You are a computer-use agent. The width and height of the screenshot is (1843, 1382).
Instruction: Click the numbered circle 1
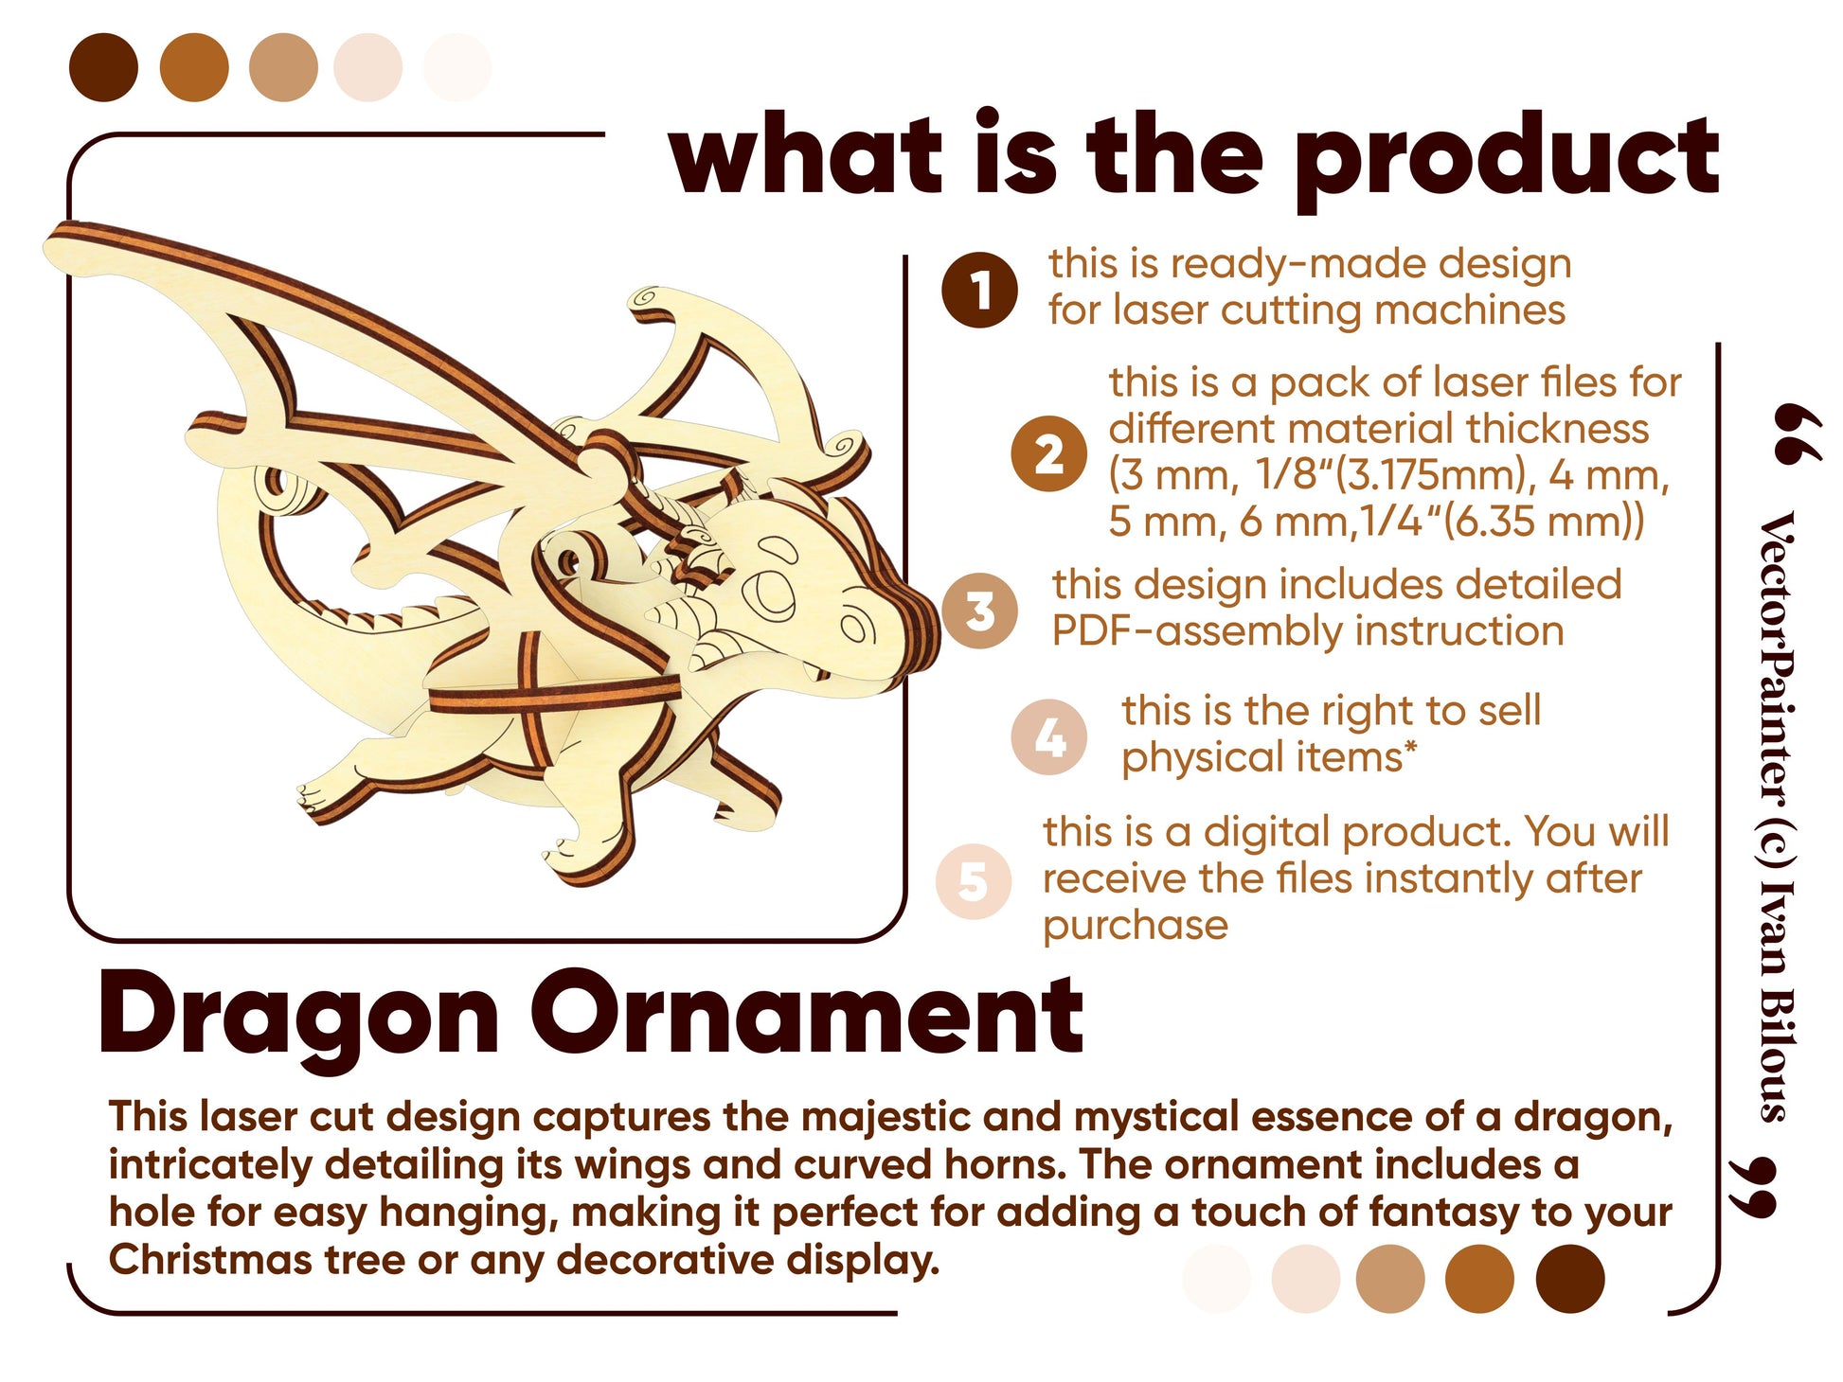point(979,290)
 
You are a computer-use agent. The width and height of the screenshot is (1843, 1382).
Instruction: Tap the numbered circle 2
point(1048,453)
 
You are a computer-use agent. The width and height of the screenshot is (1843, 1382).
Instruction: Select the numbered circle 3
point(979,611)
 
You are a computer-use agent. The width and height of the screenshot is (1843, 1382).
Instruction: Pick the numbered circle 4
point(1048,737)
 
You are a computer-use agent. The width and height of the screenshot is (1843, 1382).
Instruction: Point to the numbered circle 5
point(974,880)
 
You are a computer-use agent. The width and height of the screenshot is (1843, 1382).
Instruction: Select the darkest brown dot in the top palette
point(104,67)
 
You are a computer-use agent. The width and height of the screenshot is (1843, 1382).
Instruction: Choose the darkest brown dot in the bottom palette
point(1570,1279)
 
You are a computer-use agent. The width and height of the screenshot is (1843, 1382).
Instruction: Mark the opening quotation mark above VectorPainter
point(1794,434)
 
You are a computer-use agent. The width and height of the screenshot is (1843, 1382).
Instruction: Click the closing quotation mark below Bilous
point(1752,1187)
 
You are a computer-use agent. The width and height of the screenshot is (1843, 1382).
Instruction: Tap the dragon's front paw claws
point(313,798)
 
